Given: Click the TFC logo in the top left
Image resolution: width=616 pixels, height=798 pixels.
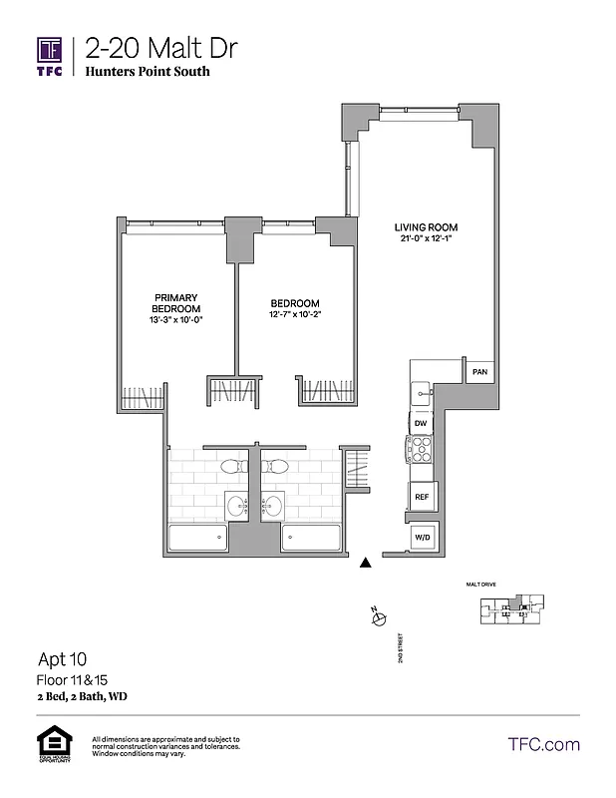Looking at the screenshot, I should pos(50,56).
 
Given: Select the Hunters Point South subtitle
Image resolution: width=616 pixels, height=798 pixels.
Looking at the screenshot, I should pos(148,72).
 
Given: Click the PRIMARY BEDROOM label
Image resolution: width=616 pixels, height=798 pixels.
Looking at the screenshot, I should pos(177,303).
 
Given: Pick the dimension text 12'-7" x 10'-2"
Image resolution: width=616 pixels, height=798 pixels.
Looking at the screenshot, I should pos(295,315).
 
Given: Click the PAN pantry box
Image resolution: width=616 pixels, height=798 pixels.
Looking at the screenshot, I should pos(479,372).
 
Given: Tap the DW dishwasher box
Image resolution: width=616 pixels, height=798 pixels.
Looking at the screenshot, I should pos(421,423).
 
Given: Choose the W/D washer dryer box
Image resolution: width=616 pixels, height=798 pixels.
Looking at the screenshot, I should pos(422,539).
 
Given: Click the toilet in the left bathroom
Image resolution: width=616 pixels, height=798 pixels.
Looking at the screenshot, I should pos(230,466).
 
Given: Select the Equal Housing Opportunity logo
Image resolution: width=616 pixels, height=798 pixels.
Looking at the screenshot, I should pos(50,744).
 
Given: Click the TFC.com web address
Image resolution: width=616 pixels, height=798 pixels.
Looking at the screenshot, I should pos(543,744).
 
